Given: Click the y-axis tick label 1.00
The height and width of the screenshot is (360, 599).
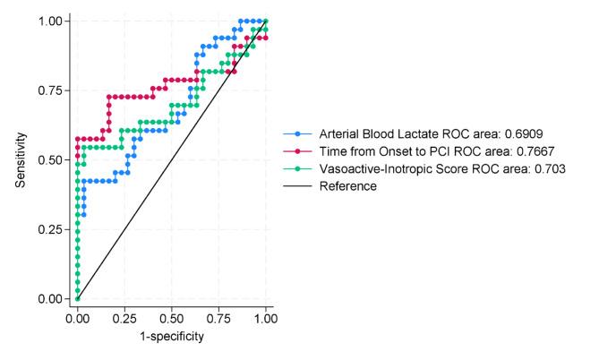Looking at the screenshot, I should [53, 21].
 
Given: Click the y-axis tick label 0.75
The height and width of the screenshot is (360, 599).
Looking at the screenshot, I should [53, 90].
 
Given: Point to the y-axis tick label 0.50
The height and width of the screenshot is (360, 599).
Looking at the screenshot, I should [53, 159].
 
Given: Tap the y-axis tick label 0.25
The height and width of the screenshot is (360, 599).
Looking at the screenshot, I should [53, 229].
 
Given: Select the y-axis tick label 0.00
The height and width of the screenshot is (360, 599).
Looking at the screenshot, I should [53, 298].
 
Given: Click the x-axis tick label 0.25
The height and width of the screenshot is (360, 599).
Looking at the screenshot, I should [124, 318].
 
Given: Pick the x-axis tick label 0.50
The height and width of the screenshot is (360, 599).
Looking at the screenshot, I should [171, 318].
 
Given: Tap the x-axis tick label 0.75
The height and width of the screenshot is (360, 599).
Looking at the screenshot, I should [218, 318].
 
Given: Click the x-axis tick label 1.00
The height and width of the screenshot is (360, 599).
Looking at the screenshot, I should [265, 318].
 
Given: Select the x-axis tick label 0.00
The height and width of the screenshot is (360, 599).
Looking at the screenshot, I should [78, 318].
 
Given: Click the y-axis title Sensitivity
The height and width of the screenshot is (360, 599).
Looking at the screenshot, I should [21, 159].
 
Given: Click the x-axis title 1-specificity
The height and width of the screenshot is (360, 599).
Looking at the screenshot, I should [171, 337].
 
